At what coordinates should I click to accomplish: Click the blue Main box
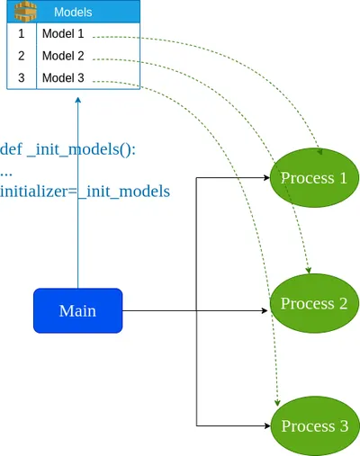[x=78, y=310]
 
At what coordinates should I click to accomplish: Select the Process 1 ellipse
[x=314, y=178]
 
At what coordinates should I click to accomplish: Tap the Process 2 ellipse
[x=314, y=303]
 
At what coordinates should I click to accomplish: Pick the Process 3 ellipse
[x=315, y=426]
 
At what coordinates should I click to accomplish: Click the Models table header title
[x=73, y=13]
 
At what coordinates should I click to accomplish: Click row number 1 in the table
[x=21, y=33]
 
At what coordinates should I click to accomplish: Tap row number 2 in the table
[x=21, y=56]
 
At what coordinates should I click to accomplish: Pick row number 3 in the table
[x=21, y=78]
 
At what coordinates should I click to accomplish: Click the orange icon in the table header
[x=26, y=12]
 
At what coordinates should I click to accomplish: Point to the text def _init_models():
[x=67, y=149]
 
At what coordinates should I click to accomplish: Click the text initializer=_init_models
[x=85, y=192]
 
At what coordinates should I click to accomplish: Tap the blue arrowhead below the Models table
[x=78, y=100]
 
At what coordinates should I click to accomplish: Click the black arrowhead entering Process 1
[x=266, y=178]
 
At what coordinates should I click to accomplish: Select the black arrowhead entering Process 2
[x=265, y=310]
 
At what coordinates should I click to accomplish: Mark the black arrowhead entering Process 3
[x=267, y=425]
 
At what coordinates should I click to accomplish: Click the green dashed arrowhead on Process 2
[x=308, y=271]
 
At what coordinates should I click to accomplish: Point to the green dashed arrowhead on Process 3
[x=277, y=403]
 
